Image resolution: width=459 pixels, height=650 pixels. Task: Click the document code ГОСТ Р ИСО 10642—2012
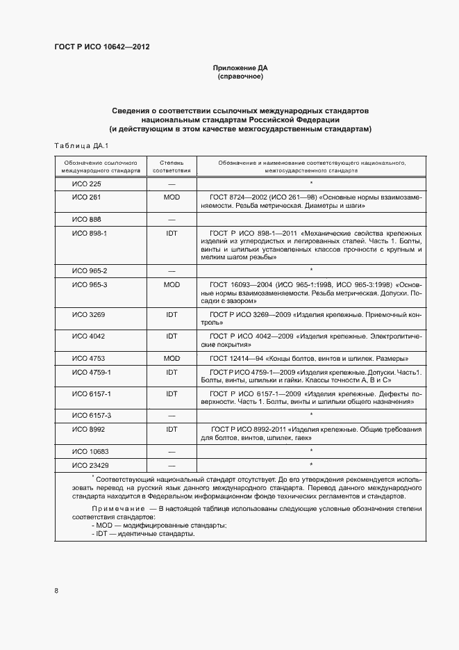101,47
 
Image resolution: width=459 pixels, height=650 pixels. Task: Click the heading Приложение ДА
240,68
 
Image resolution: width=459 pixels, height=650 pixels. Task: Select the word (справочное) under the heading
240,76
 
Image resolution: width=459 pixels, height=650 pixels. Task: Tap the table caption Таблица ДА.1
77,145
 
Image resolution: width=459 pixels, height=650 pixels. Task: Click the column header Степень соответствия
172,165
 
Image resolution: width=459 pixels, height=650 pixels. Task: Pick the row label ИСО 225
87,184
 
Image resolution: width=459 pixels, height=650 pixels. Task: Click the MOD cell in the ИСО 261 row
172,197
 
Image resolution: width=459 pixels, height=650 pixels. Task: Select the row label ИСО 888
87,219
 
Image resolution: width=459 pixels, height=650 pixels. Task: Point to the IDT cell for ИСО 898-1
172,233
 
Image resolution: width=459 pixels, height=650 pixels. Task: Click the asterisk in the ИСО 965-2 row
311,270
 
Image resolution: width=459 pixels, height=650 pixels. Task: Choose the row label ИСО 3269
88,314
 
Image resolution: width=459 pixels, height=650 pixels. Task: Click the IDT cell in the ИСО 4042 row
172,336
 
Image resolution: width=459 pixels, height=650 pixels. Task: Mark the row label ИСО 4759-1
92,372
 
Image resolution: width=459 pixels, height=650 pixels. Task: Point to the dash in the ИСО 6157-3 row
172,416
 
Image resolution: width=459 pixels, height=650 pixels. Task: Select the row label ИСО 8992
88,430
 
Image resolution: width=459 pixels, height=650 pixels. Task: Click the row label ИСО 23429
90,465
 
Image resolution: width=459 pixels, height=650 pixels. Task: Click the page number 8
56,591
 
